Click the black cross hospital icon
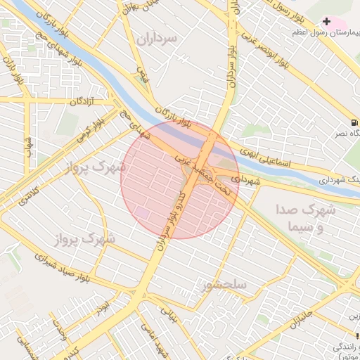pyautogui.click(x=326, y=22)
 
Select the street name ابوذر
pyautogui.click(x=103, y=310)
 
